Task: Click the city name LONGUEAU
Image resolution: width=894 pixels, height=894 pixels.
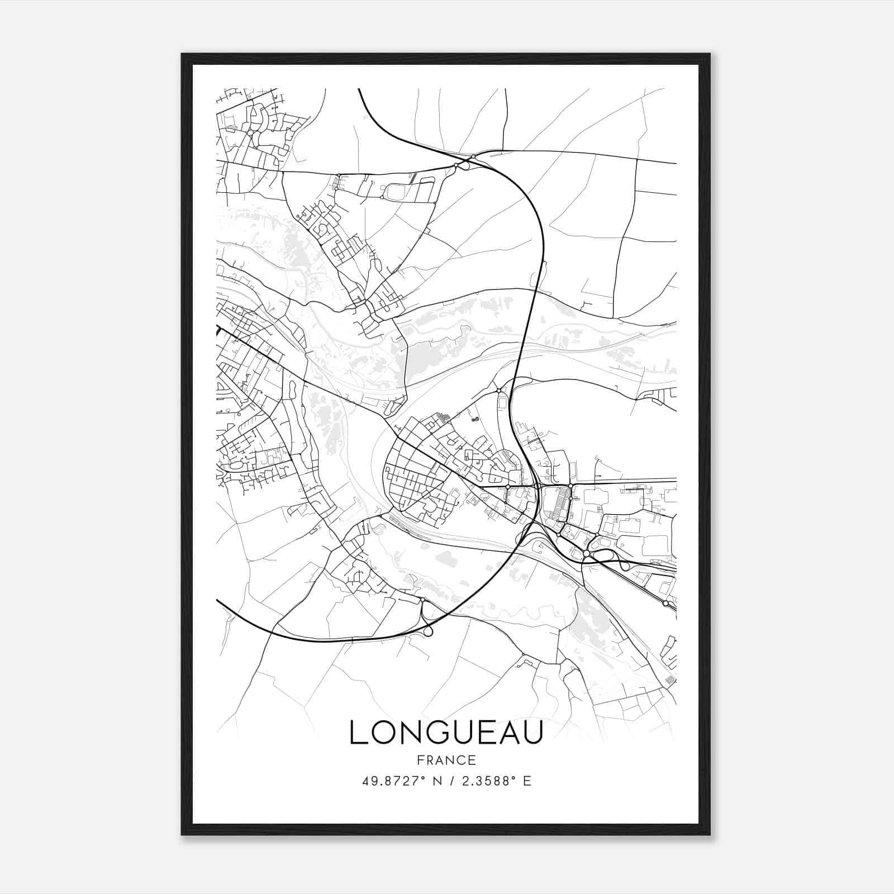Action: point(446,733)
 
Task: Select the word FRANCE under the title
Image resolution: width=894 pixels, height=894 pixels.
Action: point(446,760)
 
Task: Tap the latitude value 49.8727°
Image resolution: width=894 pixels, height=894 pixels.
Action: point(390,781)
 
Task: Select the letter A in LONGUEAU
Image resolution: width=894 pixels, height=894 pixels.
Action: point(506,733)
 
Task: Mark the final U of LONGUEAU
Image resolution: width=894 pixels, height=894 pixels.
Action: point(532,733)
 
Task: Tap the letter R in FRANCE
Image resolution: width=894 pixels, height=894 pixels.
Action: point(429,760)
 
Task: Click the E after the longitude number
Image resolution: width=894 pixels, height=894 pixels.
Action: point(527,781)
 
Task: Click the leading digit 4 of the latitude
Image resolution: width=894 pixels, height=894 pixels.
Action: point(365,781)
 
